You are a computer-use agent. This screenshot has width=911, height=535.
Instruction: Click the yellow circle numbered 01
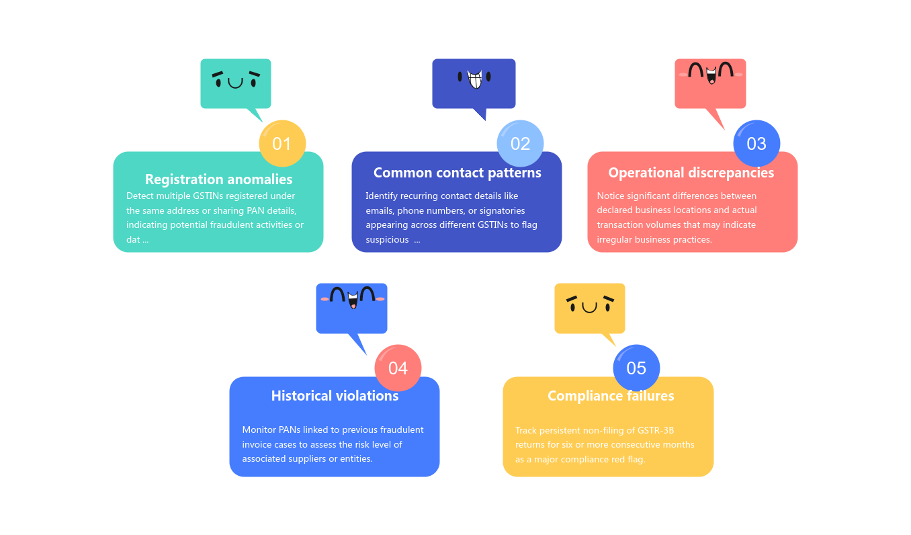pyautogui.click(x=282, y=143)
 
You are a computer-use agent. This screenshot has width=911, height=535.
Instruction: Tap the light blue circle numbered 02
pyautogui.click(x=520, y=143)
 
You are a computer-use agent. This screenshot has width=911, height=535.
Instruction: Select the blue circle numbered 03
pyautogui.click(x=756, y=143)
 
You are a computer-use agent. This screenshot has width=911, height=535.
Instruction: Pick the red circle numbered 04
pyautogui.click(x=398, y=368)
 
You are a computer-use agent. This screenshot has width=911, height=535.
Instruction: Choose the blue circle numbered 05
pyautogui.click(x=636, y=368)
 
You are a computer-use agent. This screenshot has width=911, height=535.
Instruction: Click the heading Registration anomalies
pyautogui.click(x=219, y=179)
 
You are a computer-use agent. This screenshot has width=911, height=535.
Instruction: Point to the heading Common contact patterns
pyautogui.click(x=457, y=173)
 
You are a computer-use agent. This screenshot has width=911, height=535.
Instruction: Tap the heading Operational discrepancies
pyautogui.click(x=691, y=173)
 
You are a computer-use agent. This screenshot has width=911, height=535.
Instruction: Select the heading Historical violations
pyautogui.click(x=335, y=396)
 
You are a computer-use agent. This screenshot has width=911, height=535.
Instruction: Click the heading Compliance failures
pyautogui.click(x=611, y=396)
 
